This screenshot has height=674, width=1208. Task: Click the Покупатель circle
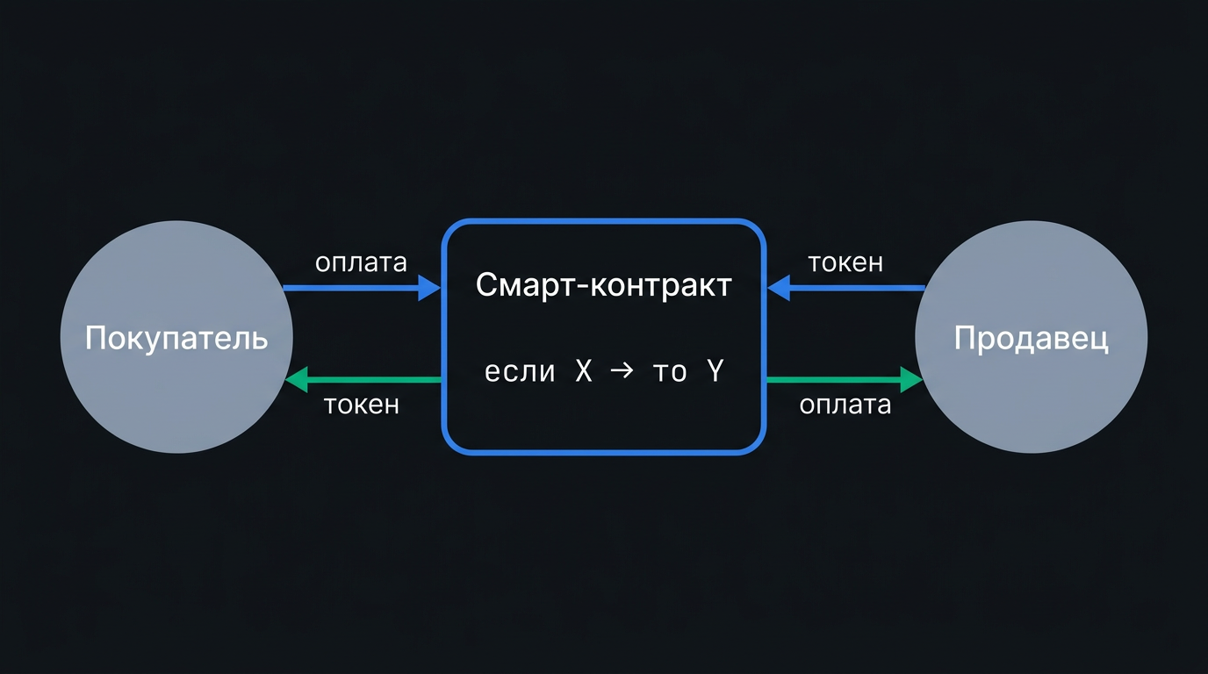pos(176,337)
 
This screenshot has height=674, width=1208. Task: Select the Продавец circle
pos(1032,337)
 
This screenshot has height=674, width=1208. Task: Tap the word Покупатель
pos(176,339)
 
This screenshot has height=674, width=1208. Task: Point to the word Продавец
pos(1032,339)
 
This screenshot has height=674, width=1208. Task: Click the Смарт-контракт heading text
pos(603,284)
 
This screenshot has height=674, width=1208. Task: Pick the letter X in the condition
pos(584,371)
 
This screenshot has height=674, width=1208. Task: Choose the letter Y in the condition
pos(715,371)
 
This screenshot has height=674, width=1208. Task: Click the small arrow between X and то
pos(622,371)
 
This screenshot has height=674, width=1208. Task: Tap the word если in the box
pos(520,371)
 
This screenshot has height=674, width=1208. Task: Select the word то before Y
pos(670,372)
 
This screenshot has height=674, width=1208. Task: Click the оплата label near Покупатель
pos(361,262)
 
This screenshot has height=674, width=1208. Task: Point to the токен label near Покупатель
pos(362,405)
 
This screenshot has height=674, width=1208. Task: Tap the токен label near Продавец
pos(845,263)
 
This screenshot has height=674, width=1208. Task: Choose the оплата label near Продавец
pos(845,405)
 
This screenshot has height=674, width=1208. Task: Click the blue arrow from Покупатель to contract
pos(363,288)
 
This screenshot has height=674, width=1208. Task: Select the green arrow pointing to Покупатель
pos(363,380)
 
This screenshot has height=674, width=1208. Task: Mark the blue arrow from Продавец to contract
pos(846,288)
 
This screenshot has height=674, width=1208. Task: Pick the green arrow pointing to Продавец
pos(845,380)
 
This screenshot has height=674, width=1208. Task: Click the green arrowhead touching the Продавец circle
pos(912,380)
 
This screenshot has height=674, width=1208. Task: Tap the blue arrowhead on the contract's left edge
pos(430,288)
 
